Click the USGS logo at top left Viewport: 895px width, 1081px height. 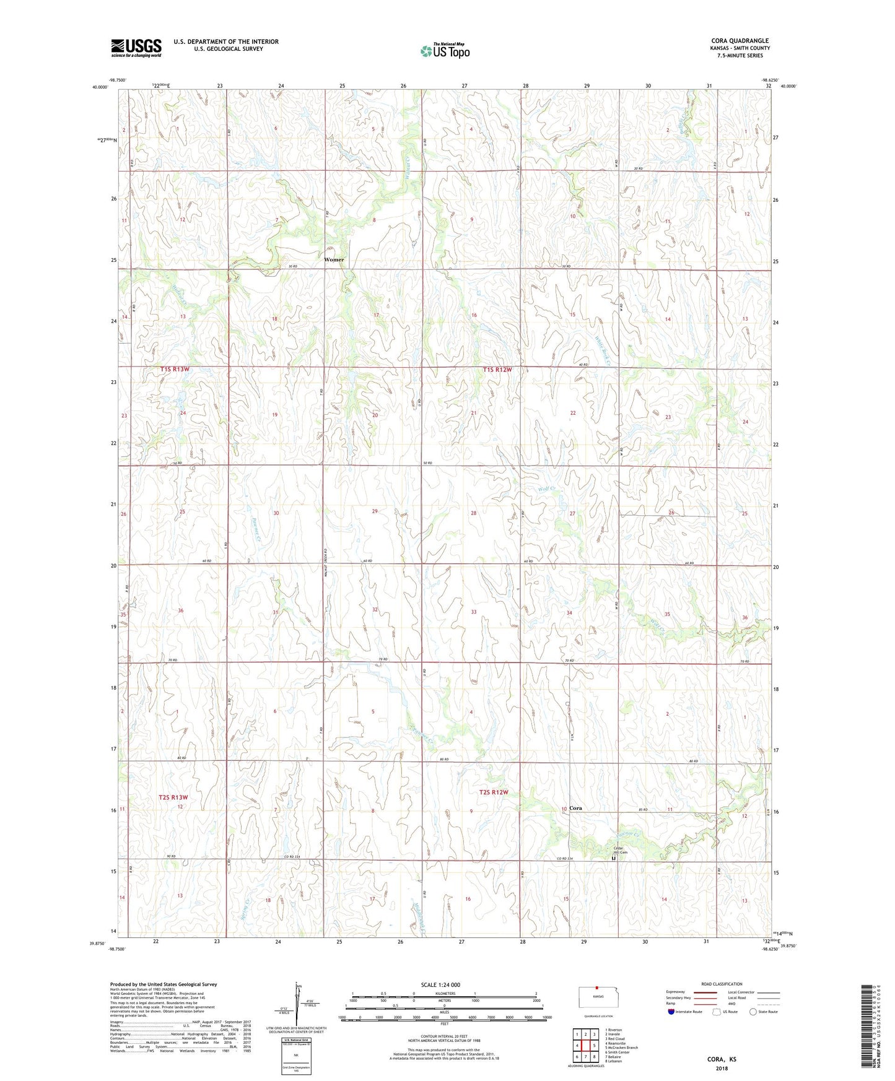coord(136,47)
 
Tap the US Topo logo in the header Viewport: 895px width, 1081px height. coord(445,50)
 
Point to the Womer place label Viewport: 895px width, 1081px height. coord(334,259)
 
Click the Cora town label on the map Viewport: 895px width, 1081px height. coord(575,809)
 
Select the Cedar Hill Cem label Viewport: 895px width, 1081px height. coord(620,850)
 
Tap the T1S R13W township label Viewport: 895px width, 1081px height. coord(175,370)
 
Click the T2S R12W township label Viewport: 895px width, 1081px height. coord(493,792)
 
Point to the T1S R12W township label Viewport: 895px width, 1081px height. coord(497,370)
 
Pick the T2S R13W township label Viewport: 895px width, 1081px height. coord(173,797)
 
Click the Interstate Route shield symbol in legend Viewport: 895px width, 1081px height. coord(671,1012)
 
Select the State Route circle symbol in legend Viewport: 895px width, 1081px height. coord(753,1012)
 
